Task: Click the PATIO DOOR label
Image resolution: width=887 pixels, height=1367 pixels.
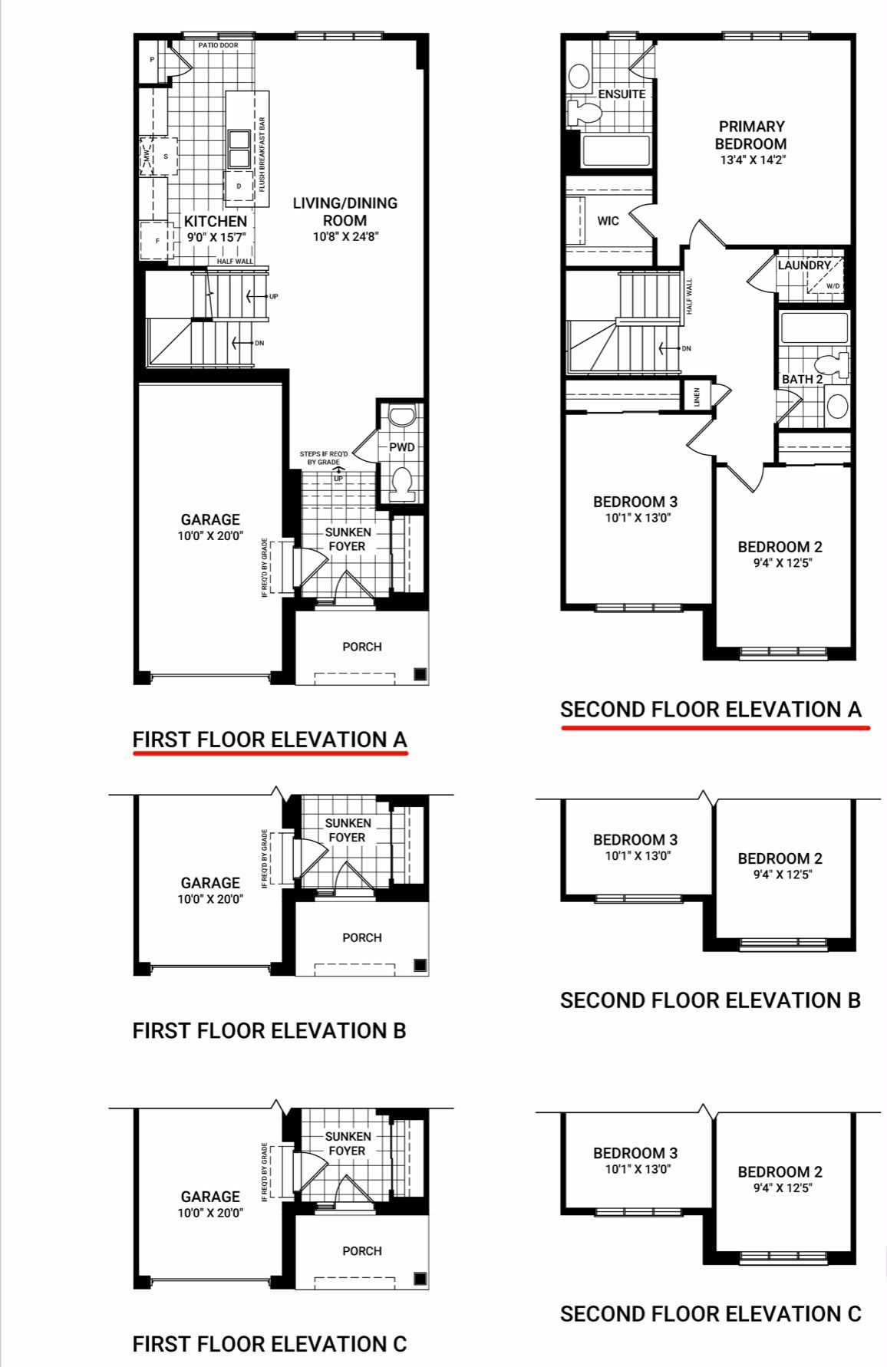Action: [218, 45]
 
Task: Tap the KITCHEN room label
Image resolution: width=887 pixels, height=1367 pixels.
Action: [216, 222]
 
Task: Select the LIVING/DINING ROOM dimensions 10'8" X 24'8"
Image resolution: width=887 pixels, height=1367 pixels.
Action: [345, 237]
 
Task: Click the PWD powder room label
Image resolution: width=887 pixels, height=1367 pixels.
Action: [402, 446]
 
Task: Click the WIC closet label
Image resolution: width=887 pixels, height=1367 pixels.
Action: [608, 221]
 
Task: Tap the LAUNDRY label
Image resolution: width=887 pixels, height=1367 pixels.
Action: [804, 265]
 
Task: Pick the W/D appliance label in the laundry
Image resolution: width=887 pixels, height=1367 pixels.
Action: [833, 286]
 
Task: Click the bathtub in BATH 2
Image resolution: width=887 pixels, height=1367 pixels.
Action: [814, 328]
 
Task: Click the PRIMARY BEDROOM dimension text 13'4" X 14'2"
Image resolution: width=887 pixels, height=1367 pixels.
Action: [753, 160]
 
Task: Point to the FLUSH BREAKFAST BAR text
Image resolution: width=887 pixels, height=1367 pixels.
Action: [262, 154]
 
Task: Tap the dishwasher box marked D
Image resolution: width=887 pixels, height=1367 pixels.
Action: [239, 186]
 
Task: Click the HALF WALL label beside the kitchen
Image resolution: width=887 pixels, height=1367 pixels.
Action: [235, 262]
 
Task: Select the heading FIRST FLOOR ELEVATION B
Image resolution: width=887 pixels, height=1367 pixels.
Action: [269, 1030]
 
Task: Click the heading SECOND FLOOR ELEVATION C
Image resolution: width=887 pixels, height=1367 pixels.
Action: [711, 1313]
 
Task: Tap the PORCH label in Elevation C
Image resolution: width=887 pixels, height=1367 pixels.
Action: [362, 1250]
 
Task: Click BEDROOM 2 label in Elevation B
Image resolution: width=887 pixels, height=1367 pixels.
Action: [780, 859]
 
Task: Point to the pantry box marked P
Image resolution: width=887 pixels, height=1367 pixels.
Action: [152, 60]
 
